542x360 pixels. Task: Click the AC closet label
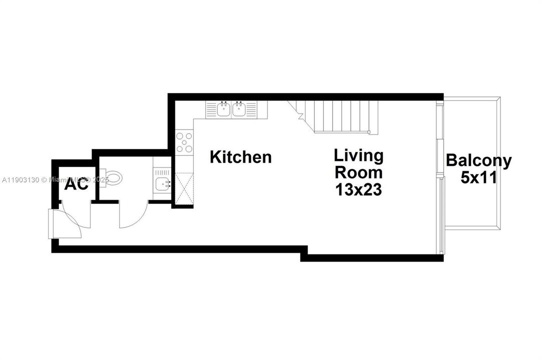tap(77, 184)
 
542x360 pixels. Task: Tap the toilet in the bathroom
tap(113, 178)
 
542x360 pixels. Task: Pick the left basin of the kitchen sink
tap(224, 109)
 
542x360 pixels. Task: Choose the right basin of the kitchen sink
tap(238, 109)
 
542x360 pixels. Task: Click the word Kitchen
tap(241, 157)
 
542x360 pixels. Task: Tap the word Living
tap(358, 155)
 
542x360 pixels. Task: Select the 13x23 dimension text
tap(358, 190)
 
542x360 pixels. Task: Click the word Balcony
tap(479, 161)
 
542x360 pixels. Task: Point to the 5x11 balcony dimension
tap(479, 178)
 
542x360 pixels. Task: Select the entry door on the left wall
tap(54, 224)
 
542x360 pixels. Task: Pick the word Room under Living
tap(358, 173)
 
